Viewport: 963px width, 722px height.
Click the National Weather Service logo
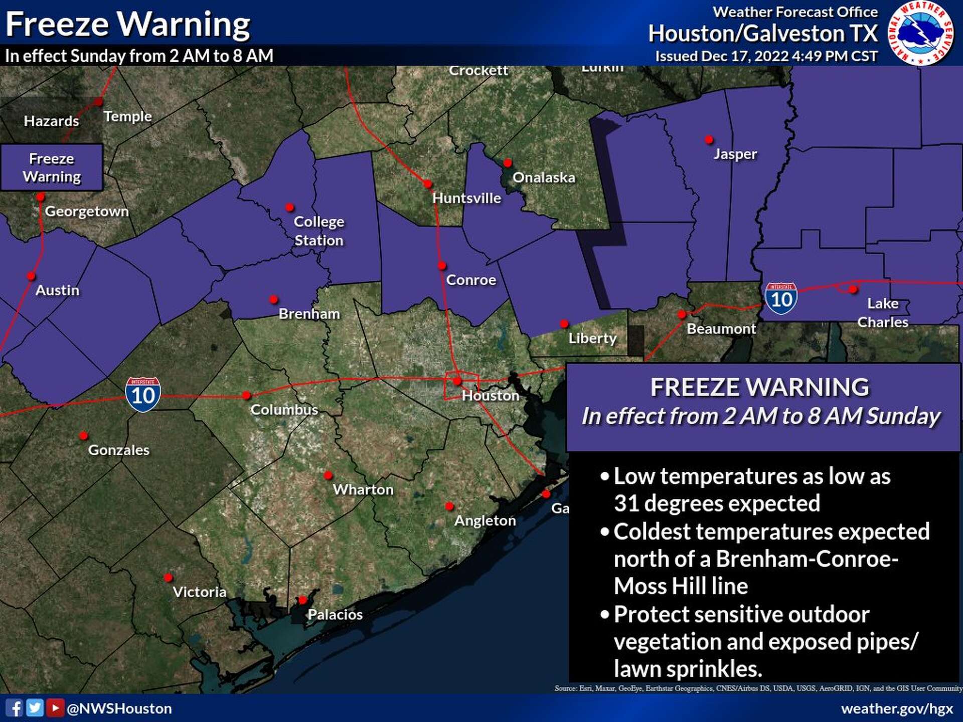tap(921, 33)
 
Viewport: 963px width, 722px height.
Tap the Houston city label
tap(490, 396)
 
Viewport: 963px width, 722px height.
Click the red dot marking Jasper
tap(709, 140)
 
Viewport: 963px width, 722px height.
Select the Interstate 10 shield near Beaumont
tap(781, 299)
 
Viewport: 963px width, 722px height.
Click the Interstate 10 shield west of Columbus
tap(143, 395)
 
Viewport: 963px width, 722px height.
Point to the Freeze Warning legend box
tap(52, 167)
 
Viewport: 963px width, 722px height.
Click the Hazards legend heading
tap(51, 121)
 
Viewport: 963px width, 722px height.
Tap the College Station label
tap(318, 231)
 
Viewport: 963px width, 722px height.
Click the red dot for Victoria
tap(168, 578)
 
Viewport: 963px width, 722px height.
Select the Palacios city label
tap(335, 614)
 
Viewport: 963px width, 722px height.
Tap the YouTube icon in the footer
tap(55, 708)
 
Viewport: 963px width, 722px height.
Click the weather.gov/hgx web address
tap(897, 708)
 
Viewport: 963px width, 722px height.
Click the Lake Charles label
tap(882, 312)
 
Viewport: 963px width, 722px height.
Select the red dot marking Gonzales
tap(84, 435)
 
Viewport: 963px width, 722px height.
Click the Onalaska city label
tap(544, 177)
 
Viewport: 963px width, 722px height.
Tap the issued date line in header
tap(766, 56)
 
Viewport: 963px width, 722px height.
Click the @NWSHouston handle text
tap(119, 708)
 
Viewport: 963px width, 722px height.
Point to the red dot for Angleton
tap(449, 506)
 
